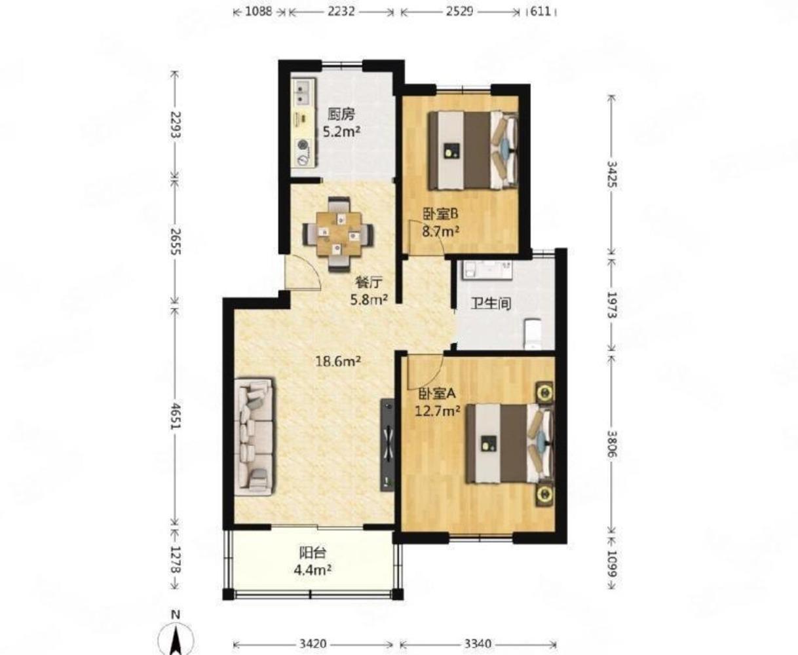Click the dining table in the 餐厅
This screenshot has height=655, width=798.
[338, 234]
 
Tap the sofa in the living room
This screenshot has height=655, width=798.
[254, 436]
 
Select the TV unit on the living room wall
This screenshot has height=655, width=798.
[387, 445]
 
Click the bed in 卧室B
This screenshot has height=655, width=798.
[473, 150]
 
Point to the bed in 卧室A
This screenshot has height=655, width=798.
[510, 443]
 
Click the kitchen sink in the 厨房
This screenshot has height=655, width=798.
[305, 93]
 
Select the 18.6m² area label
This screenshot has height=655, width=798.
[338, 362]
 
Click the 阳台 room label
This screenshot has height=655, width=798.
[313, 553]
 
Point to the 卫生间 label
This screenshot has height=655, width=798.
[491, 303]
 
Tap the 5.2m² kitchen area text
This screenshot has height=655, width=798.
[341, 132]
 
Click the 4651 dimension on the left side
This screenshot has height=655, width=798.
[175, 416]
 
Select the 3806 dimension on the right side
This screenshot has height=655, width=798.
[611, 443]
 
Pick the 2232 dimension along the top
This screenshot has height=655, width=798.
[341, 11]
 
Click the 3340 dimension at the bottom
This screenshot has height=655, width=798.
[478, 643]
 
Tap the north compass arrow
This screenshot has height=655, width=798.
[176, 639]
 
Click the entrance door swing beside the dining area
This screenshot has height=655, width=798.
[303, 272]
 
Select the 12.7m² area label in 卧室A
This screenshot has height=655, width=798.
[438, 411]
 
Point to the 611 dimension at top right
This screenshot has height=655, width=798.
[541, 11]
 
